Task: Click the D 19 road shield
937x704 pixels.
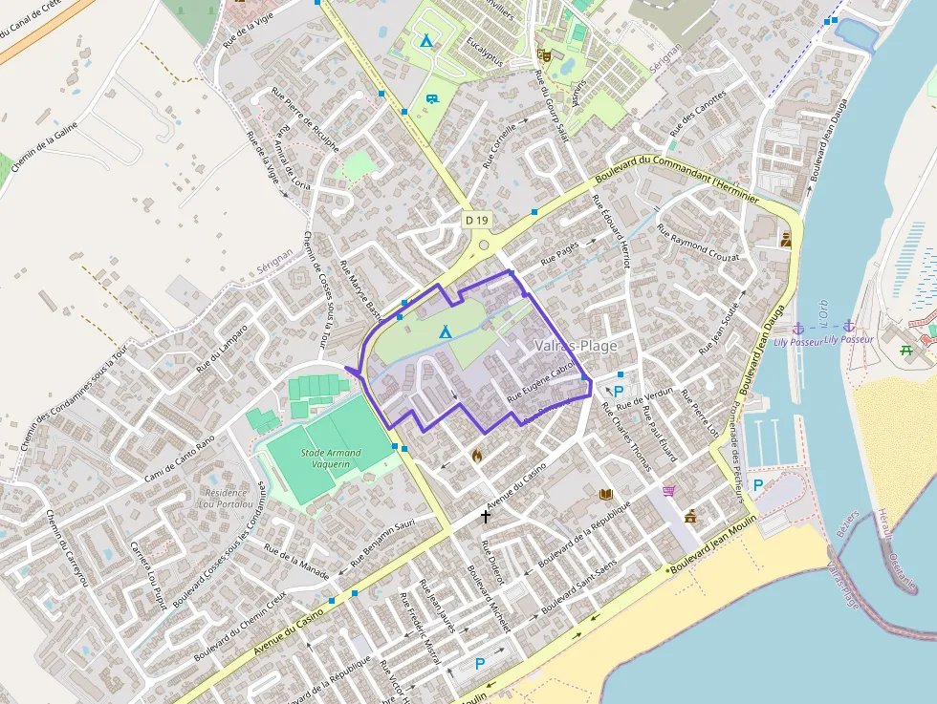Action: tap(477, 221)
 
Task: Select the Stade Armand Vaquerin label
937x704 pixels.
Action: tap(331, 458)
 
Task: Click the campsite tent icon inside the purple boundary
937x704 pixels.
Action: tap(445, 332)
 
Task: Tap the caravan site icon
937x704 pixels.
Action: tap(432, 98)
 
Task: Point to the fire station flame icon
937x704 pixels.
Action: tap(477, 456)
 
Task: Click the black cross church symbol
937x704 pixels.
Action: tap(486, 517)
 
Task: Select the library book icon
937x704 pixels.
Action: tap(604, 494)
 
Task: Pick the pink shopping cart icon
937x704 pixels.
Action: tap(668, 491)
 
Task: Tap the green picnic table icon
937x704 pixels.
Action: tap(905, 350)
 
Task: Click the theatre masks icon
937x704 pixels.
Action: tap(543, 55)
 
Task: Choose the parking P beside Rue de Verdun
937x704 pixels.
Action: tap(618, 392)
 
